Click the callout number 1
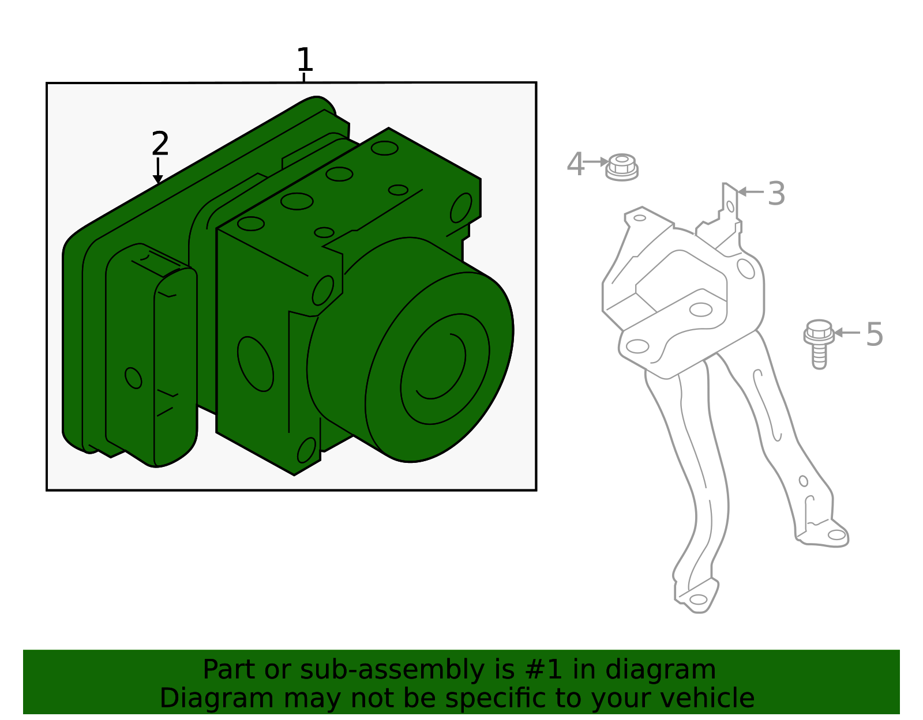(x=304, y=60)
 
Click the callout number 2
(x=160, y=144)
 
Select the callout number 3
(x=776, y=194)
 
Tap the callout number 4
(x=575, y=164)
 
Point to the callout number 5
(x=875, y=334)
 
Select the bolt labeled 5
(x=819, y=342)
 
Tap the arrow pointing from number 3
(x=750, y=191)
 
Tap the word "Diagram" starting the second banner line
(x=193, y=698)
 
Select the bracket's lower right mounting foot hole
(x=836, y=535)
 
